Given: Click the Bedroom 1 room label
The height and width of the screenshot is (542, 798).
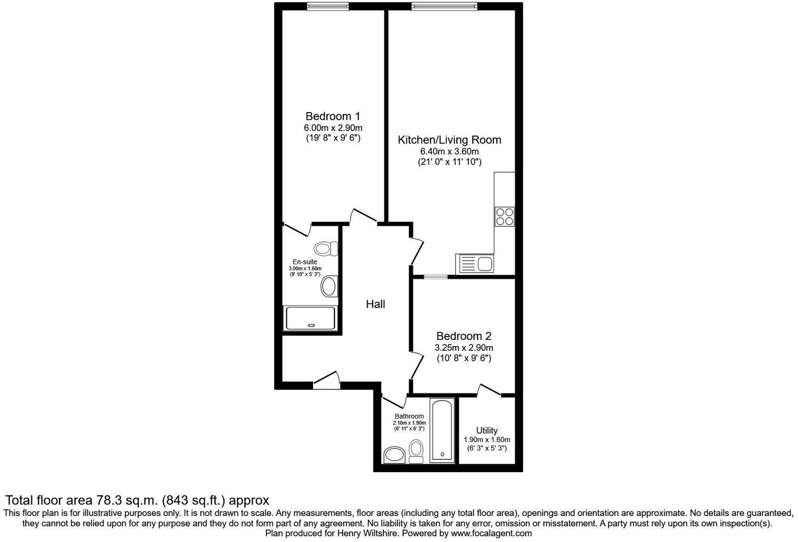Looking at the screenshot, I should (x=332, y=116).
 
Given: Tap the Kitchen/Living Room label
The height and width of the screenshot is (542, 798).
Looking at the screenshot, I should (x=449, y=140).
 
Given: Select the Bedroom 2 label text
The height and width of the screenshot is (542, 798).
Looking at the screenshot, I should (x=464, y=336).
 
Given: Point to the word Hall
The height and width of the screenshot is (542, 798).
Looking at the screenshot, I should (x=375, y=304).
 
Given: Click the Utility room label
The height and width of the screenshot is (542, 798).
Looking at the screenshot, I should (x=487, y=430).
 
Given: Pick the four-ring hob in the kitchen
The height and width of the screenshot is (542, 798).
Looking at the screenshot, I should (x=504, y=216).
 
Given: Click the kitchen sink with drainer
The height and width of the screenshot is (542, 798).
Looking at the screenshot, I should (x=475, y=264).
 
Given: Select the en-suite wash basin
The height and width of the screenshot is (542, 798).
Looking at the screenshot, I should (x=329, y=287).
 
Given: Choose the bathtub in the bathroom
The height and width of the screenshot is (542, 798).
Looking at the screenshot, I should (x=442, y=430).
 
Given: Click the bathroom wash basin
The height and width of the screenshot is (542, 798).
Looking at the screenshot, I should (x=394, y=455).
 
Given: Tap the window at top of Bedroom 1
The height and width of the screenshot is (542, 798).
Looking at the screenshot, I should (x=328, y=7).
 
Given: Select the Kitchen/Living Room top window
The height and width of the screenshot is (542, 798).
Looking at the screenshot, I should (x=444, y=7).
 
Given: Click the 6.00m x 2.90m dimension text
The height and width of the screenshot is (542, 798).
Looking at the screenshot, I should (x=333, y=128).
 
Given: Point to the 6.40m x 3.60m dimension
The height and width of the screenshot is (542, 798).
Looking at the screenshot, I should (x=449, y=152).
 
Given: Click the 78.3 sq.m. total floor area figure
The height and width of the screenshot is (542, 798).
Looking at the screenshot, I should (x=127, y=501).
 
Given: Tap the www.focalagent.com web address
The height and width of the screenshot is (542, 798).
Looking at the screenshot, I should (x=491, y=533).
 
